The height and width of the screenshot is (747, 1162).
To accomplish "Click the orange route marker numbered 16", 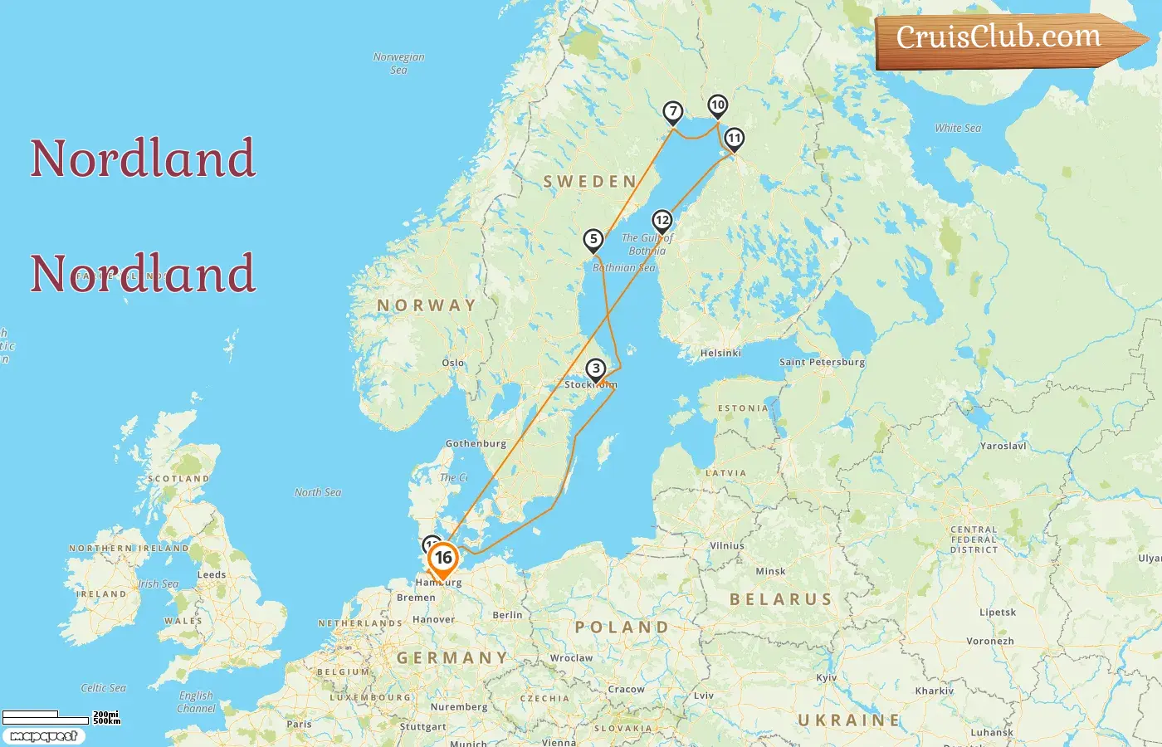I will [x=443, y=559].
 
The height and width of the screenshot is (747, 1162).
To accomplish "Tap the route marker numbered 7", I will [x=673, y=112].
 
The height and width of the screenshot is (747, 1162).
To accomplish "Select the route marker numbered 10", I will [x=718, y=105].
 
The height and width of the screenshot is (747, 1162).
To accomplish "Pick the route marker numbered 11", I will [x=735, y=139].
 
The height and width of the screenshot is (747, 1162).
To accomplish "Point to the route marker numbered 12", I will [x=662, y=221].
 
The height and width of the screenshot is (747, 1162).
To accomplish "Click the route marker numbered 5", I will [x=593, y=240].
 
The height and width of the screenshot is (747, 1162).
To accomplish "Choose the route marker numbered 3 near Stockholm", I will [x=596, y=369].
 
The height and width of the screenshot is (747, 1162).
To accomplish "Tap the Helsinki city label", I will [x=720, y=353].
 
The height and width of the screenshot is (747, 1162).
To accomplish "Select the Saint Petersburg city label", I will [x=822, y=362].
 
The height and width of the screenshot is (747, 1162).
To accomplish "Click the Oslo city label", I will [x=453, y=363].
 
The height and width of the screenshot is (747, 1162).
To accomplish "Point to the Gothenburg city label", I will [x=476, y=443].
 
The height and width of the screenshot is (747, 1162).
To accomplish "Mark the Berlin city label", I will [x=507, y=615].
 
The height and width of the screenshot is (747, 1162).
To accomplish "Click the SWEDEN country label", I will [x=590, y=182].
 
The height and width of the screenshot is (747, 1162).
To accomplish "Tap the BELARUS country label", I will [x=780, y=599].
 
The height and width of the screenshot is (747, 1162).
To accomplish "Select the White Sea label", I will [x=958, y=128].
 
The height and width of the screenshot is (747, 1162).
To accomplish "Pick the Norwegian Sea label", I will [x=398, y=63].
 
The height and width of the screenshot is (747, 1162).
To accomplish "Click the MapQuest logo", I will [x=43, y=736].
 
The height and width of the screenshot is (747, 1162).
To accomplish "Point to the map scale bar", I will [x=46, y=717].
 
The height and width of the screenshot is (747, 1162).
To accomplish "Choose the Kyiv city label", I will [x=827, y=677].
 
